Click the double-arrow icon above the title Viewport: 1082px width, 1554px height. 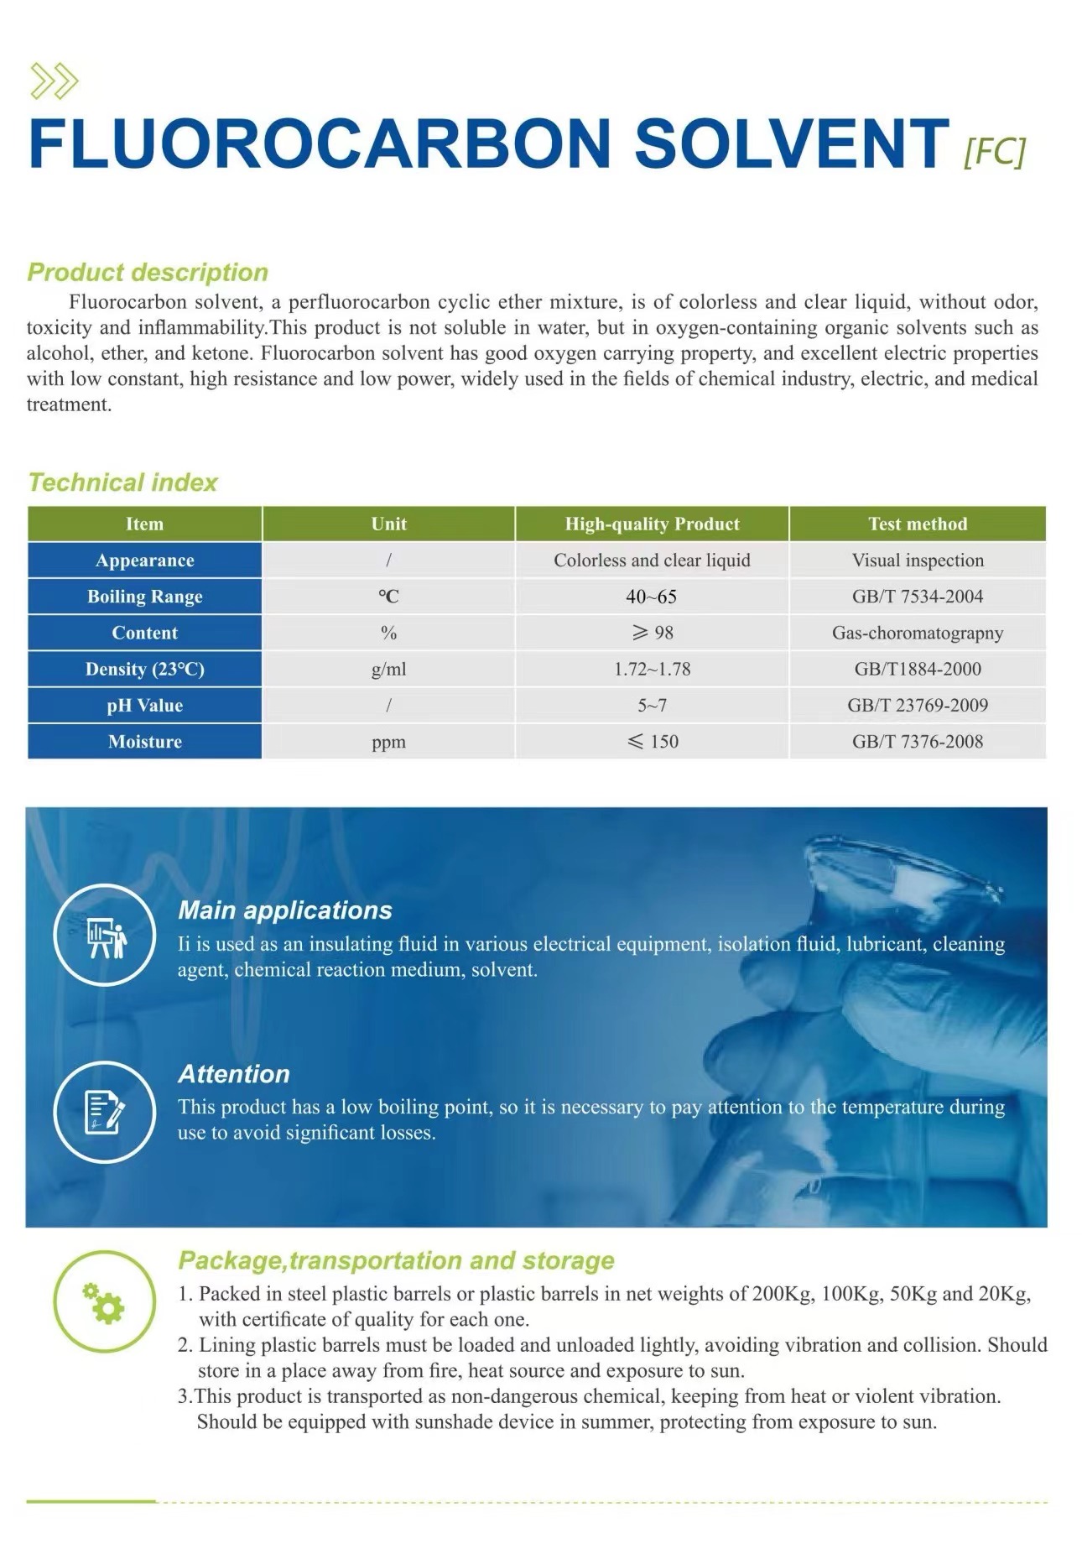[54, 81]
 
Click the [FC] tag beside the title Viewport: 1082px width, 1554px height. [995, 152]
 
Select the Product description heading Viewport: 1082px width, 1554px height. [148, 272]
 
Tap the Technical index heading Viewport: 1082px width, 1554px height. [122, 482]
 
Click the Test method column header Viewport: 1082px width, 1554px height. [918, 524]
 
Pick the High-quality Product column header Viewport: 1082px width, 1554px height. [652, 524]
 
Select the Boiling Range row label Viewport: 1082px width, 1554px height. [145, 597]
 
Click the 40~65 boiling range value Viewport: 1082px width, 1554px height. [652, 597]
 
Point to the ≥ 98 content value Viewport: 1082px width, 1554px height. [652, 633]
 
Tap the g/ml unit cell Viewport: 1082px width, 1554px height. [388, 670]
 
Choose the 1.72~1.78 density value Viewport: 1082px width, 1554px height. [652, 670]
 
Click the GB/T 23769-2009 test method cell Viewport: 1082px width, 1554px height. [918, 706]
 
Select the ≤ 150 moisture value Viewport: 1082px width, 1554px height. [652, 742]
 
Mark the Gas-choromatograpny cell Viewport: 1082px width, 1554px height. [918, 633]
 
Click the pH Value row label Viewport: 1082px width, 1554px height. [145, 706]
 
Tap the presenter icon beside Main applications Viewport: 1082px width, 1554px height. [105, 935]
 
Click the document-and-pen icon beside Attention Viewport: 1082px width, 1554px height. [105, 1112]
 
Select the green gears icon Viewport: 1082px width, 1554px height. [105, 1301]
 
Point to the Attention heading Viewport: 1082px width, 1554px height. [234, 1074]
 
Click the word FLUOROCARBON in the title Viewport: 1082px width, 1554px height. [319, 143]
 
